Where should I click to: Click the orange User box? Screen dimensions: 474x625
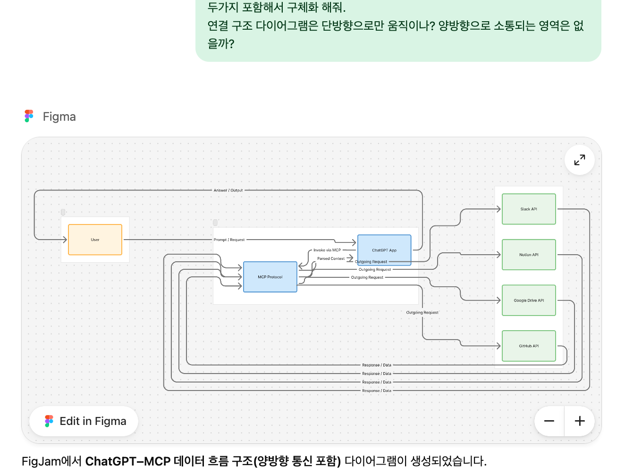(x=95, y=240)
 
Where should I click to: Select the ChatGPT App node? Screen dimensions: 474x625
(x=384, y=250)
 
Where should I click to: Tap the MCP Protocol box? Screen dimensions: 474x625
(x=270, y=277)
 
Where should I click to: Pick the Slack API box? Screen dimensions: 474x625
(x=529, y=209)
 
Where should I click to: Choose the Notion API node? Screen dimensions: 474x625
(x=529, y=255)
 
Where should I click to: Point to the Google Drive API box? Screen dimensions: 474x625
(x=529, y=300)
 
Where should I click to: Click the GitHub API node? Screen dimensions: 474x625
(x=529, y=346)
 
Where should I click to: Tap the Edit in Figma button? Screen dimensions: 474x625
(x=84, y=421)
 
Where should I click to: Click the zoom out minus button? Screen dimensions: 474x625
(x=549, y=421)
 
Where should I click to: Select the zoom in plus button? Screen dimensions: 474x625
(x=580, y=421)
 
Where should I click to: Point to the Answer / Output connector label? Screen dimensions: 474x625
(x=228, y=191)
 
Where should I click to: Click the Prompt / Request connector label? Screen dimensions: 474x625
(x=229, y=240)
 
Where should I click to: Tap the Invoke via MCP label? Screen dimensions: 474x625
(x=327, y=250)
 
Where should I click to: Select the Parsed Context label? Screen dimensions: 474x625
(x=331, y=258)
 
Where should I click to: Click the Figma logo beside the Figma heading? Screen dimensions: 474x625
(x=29, y=116)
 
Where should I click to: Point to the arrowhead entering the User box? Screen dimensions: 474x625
(x=65, y=240)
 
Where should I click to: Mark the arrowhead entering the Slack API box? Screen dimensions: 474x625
(x=498, y=209)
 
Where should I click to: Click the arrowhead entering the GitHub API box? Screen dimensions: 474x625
(x=498, y=346)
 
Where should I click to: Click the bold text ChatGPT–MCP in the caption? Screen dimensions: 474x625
(x=127, y=461)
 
